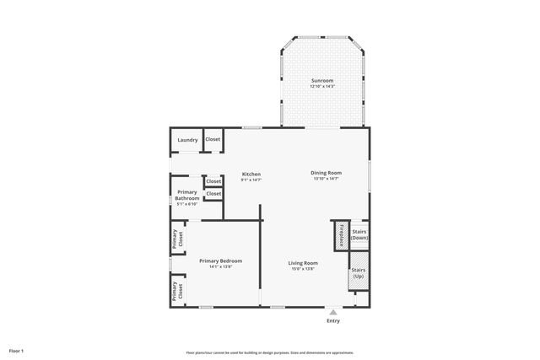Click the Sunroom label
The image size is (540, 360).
click(x=321, y=80)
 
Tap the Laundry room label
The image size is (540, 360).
click(x=187, y=140)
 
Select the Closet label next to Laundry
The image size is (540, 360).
click(x=213, y=139)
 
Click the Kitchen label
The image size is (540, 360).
click(x=251, y=174)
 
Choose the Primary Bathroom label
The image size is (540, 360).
click(x=187, y=195)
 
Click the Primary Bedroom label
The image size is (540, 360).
click(x=220, y=261)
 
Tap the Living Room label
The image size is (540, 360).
click(x=304, y=263)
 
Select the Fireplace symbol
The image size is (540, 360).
click(x=338, y=235)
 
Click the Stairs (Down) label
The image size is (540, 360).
click(x=359, y=234)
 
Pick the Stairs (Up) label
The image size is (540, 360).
click(x=359, y=274)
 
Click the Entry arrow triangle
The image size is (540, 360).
click(x=332, y=311)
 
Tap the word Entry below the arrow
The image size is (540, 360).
click(x=332, y=320)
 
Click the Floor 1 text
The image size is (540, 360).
click(x=16, y=350)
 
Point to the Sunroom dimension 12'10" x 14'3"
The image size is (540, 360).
click(x=321, y=86)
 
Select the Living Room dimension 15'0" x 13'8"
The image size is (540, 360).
click(x=304, y=269)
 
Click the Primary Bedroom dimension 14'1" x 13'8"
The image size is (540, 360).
click(x=220, y=266)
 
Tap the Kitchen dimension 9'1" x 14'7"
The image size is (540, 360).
click(x=251, y=180)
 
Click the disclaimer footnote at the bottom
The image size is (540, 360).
click(x=270, y=352)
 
